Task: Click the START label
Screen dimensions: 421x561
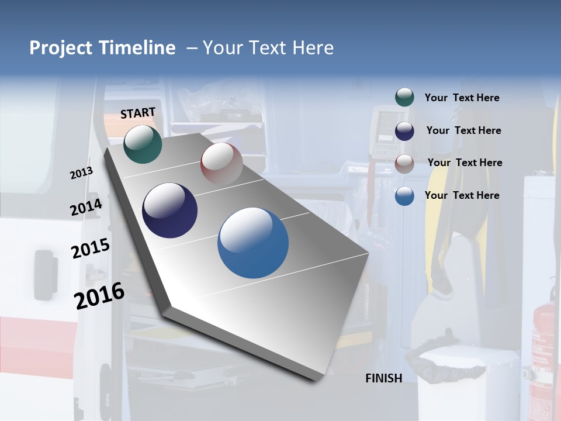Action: click(x=138, y=113)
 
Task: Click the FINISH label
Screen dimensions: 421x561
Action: click(x=384, y=378)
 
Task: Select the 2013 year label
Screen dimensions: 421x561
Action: click(x=81, y=173)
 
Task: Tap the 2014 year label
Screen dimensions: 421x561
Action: click(x=86, y=208)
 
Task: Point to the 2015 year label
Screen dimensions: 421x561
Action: click(x=90, y=249)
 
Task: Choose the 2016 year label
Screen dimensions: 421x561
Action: click(x=99, y=296)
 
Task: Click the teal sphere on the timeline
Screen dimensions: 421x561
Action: click(x=143, y=144)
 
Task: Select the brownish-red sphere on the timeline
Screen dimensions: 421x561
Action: click(x=221, y=164)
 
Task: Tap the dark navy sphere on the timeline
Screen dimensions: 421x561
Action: click(x=170, y=210)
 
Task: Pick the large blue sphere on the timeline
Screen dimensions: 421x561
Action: click(x=253, y=243)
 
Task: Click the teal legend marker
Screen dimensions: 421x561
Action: click(x=404, y=98)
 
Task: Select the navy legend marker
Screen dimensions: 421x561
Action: click(x=404, y=131)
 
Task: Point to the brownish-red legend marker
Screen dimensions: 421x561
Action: click(x=404, y=163)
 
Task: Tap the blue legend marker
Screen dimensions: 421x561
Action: click(x=404, y=196)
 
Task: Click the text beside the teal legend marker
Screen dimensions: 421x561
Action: click(x=462, y=98)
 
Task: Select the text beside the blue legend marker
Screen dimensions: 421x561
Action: click(x=462, y=195)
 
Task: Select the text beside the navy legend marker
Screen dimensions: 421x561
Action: click(x=463, y=130)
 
